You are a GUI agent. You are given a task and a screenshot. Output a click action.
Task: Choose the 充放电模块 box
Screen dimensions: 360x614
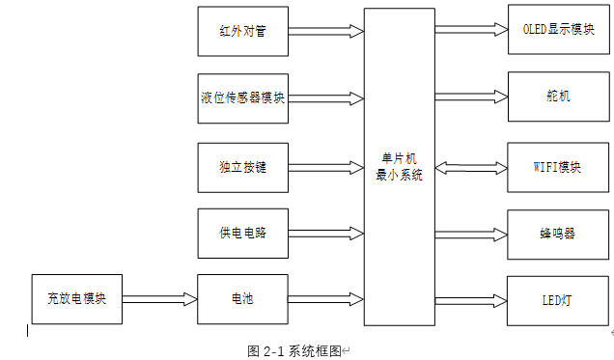pos(76,299)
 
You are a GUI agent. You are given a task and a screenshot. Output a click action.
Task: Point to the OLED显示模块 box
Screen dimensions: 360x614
pos(558,29)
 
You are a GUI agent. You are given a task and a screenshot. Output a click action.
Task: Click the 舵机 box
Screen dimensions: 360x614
pos(558,97)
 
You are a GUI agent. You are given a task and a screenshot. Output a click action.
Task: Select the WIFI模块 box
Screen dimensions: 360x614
pos(558,166)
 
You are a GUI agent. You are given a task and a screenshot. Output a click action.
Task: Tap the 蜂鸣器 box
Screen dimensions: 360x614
pos(558,233)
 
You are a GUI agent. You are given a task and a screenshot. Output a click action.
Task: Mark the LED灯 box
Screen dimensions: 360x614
pos(558,299)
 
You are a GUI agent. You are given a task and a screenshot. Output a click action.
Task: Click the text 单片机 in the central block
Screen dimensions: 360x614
pos(399,158)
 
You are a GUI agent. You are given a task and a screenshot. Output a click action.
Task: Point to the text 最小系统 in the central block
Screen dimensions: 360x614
pos(399,175)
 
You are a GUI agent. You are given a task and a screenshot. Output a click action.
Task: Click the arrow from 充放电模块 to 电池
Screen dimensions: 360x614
pos(159,299)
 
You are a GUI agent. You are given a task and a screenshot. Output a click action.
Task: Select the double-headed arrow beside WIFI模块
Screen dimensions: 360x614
pos(470,166)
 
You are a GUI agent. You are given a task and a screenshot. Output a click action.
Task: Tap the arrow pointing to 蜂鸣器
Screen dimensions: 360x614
pos(470,233)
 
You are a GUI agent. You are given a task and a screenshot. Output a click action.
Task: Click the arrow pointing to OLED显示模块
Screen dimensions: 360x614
pos(470,29)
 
